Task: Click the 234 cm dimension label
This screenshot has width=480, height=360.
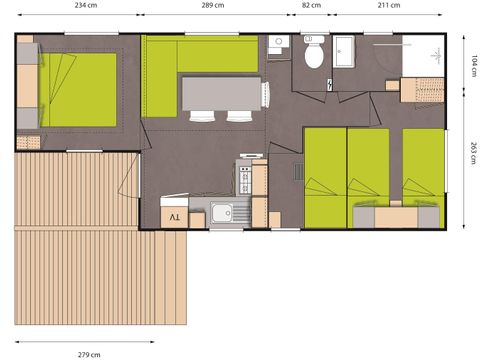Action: [86, 5]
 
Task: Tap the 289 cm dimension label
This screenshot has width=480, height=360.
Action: [213, 5]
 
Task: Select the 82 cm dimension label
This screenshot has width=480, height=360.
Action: [311, 5]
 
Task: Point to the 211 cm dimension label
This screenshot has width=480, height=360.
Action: [389, 5]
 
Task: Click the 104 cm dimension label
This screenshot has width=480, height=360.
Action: [474, 66]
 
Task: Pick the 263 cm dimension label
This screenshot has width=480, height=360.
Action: [474, 153]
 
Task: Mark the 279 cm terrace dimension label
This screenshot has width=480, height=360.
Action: [89, 355]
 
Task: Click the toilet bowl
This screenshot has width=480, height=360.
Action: [314, 56]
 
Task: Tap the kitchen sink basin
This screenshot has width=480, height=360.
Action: [222, 213]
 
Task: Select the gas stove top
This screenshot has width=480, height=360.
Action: [245, 180]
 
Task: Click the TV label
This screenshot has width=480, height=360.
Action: [175, 217]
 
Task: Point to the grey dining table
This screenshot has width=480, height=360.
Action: [221, 94]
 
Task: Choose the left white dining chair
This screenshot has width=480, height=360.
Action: [202, 116]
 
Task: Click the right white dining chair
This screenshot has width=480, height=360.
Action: [239, 116]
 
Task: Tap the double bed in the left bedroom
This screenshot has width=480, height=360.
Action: [78, 90]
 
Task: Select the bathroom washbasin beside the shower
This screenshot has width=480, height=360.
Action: [344, 52]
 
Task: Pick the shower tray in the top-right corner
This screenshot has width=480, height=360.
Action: [423, 56]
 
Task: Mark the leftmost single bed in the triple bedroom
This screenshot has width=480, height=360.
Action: [325, 178]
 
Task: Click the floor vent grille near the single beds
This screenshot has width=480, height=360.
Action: [299, 172]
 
